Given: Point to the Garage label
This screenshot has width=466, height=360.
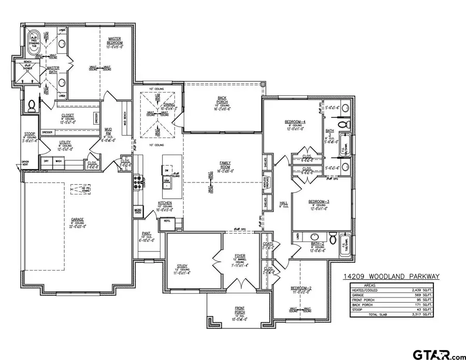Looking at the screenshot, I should tap(78, 219).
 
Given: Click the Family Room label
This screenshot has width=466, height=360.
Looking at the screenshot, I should tap(224, 165).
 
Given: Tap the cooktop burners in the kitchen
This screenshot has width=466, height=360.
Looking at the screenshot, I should tap(138, 182).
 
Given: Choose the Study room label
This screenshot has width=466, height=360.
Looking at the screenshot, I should tap(183, 266).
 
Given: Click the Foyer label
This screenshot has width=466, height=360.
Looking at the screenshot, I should tap(240, 256).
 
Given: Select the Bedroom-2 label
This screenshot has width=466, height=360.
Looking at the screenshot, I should tap(300, 288).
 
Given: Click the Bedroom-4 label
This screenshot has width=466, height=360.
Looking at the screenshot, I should tap(295, 122).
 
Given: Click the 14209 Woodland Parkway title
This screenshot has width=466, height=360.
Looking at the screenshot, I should tap(391, 277).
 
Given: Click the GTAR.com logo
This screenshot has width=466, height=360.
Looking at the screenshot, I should tap(438, 354).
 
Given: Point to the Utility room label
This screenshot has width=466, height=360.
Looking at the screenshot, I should tap(65, 142).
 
